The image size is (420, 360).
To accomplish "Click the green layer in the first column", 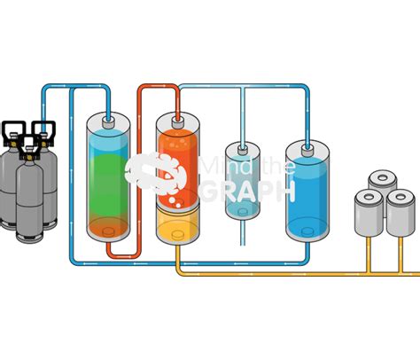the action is (x=108, y=184).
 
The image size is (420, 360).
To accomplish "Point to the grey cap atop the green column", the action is (x=108, y=123).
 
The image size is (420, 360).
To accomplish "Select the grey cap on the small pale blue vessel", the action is (x=243, y=150).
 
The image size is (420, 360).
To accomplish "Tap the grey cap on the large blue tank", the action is (x=307, y=151).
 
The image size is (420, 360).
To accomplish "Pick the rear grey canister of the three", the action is (x=383, y=181).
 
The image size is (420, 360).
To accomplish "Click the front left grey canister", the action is (x=369, y=213).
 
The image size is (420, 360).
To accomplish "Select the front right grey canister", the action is (x=401, y=213).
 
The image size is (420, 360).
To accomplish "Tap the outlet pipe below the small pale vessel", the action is (x=243, y=233).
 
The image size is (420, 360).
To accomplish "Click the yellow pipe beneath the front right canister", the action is (x=401, y=254).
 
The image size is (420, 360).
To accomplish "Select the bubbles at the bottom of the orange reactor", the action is (x=175, y=201).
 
